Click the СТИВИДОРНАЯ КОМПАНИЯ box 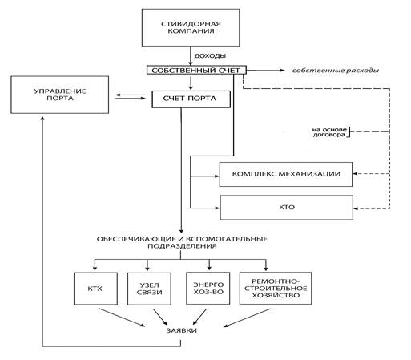coord(191,27)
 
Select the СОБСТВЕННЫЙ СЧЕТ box coord(196,71)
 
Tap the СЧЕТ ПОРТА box coord(191,99)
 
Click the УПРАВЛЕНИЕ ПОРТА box coord(60,95)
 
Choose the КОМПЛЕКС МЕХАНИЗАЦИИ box coord(286,174)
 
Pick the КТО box coord(286,208)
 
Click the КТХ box coord(95,289)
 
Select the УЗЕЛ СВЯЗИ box coord(149,289)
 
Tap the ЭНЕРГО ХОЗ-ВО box coord(208,289)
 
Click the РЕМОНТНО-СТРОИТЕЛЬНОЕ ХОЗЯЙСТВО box coord(276,289)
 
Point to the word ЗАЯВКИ coord(182,330)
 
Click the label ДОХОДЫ coord(210,55)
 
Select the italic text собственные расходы coord(336,71)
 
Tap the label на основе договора coord(329,132)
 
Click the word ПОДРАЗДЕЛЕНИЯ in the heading coord(182,246)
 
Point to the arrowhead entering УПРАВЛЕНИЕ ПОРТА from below coord(42,118)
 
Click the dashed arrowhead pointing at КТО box coord(356,208)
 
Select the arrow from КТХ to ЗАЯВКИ coord(122,318)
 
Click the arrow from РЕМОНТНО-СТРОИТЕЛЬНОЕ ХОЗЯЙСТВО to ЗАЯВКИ coord(248,318)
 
